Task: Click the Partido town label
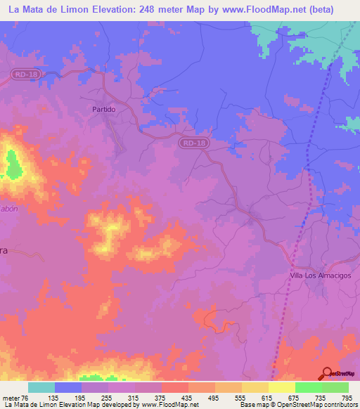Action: pyautogui.click(x=103, y=110)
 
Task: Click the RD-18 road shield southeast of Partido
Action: pyautogui.click(x=193, y=143)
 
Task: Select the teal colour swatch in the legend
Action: pyautogui.click(x=41, y=387)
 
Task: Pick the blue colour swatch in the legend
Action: pyautogui.click(x=68, y=387)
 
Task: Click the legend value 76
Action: pyautogui.click(x=28, y=398)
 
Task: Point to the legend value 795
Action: pyautogui.click(x=347, y=398)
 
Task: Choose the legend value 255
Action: pyautogui.click(x=108, y=398)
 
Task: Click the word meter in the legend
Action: pyautogui.click(x=12, y=398)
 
